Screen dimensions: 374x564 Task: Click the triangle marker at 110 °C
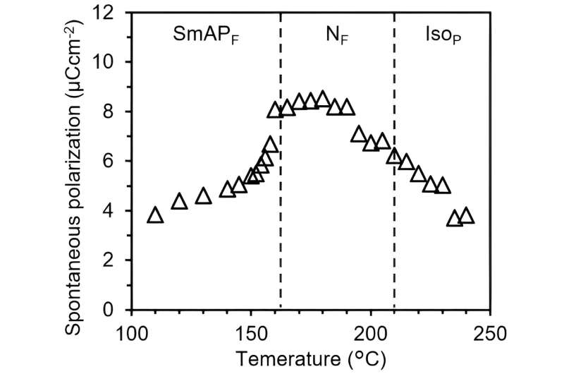point(155,215)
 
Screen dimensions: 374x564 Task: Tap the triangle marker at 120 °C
point(179,203)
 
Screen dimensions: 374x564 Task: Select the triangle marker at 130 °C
point(203,196)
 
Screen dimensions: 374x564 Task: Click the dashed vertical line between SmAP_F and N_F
point(281,212)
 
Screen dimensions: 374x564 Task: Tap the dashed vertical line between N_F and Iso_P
point(394,212)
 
